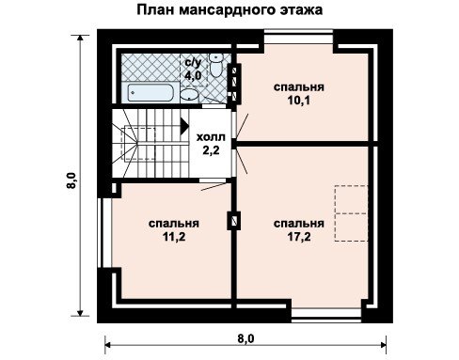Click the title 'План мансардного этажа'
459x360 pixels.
(x=229, y=9)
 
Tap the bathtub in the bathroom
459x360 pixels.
(x=150, y=92)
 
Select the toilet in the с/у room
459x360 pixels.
(x=216, y=66)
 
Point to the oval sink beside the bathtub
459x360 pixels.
(x=189, y=95)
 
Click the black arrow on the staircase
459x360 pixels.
(x=184, y=126)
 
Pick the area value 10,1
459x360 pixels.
(x=298, y=101)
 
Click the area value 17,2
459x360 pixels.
(x=299, y=237)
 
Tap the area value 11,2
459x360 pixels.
(x=174, y=237)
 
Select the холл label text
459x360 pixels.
(x=211, y=137)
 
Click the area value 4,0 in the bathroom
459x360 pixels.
(x=193, y=75)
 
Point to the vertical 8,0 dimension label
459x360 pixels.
(x=71, y=180)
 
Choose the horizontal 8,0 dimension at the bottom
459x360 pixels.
(x=245, y=338)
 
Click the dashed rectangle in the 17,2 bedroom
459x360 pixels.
(x=351, y=213)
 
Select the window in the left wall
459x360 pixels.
(x=100, y=233)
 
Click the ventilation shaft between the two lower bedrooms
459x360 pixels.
(x=234, y=221)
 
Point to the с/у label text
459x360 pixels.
(x=193, y=63)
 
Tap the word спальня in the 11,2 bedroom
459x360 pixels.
(x=174, y=224)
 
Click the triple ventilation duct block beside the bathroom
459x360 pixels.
(x=234, y=84)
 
